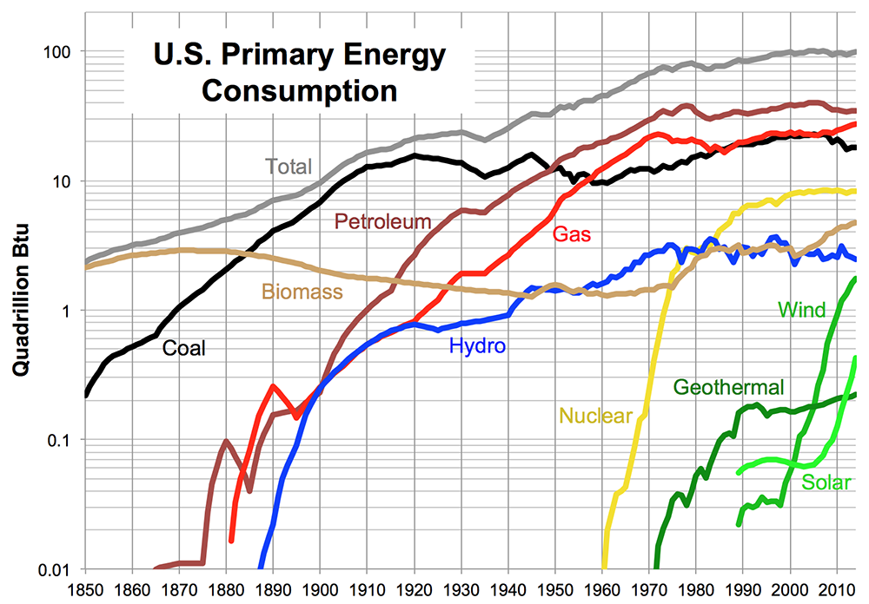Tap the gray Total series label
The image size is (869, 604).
pos(289,166)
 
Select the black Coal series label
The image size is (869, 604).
pos(183,348)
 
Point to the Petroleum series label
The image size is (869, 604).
pos(383,221)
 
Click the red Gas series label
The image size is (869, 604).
pos(570,233)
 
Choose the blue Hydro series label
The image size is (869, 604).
pos(477,347)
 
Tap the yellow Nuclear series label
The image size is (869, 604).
pos(595,416)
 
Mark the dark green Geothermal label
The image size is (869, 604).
pos(728,386)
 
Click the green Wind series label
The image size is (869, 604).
pos(801,309)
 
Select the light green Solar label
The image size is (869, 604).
pos(826,483)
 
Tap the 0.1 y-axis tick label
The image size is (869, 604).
pos(61,440)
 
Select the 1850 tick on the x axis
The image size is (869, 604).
pos(85,590)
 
